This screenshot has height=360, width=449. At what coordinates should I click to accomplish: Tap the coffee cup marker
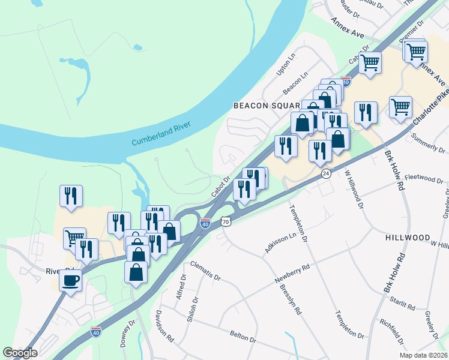click(x=71, y=280)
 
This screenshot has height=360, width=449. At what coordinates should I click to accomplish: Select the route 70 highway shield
click(x=225, y=221)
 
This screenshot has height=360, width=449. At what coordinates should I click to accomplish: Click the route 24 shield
click(x=325, y=173)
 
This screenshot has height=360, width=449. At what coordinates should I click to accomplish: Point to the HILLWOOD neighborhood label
click(x=408, y=238)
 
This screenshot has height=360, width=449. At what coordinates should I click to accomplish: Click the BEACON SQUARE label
click(x=264, y=106)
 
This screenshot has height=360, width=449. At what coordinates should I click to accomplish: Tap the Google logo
click(x=20, y=353)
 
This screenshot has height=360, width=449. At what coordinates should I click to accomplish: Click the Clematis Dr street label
click(x=205, y=271)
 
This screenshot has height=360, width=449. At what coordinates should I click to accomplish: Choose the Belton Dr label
click(x=243, y=336)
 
